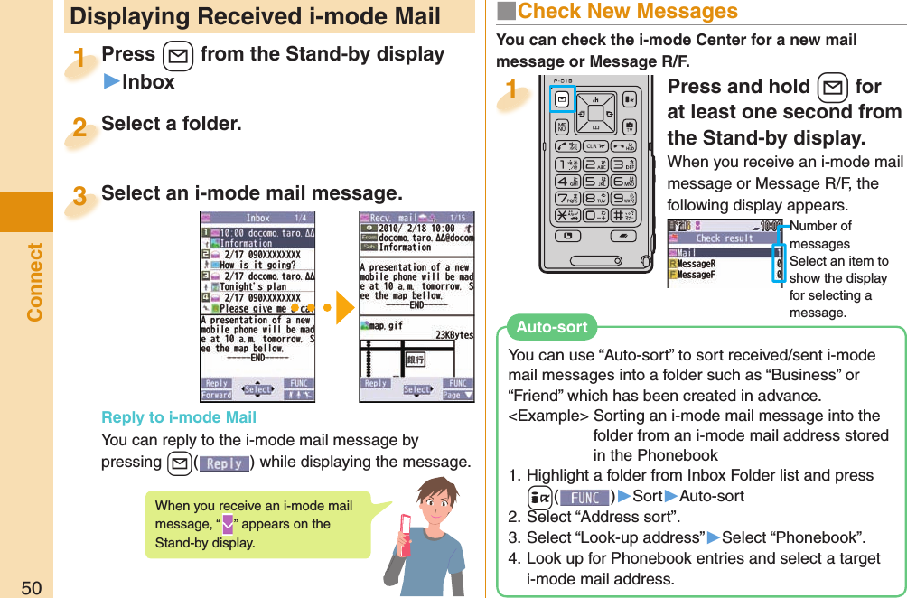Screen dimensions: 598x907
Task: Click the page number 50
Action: coord(32,587)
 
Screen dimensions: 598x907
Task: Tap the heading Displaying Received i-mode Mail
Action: coord(255,16)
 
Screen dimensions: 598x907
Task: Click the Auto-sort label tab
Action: coord(551,327)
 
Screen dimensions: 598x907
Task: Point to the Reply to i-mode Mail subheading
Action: coord(179,417)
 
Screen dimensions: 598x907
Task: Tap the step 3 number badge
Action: coord(80,196)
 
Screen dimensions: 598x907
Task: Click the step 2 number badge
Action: coord(80,126)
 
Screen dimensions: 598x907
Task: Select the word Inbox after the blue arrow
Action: coord(148,82)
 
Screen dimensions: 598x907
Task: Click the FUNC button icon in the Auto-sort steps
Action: coord(584,498)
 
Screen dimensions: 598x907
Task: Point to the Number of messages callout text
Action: coord(819,235)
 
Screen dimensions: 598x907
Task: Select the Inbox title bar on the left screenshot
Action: coord(257,218)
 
